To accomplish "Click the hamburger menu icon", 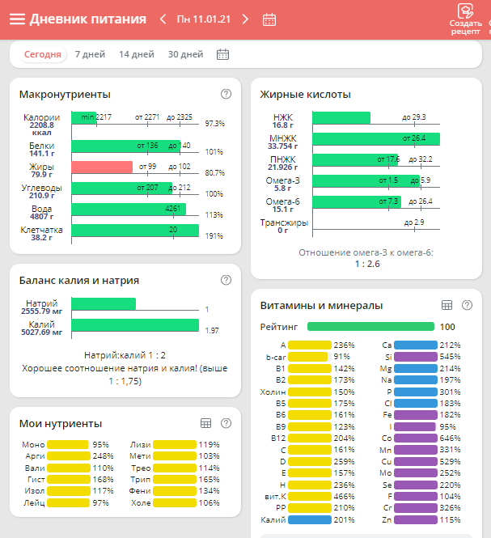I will click(x=17, y=19).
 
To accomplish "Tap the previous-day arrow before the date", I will click(x=163, y=19).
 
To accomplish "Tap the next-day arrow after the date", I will click(x=245, y=19).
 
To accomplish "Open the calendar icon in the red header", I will click(x=270, y=19).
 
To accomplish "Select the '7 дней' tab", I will click(x=90, y=54).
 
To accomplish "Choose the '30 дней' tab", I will click(x=185, y=54).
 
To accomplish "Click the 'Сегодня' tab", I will click(x=42, y=54).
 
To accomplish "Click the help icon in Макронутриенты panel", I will click(x=226, y=94).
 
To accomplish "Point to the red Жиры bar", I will click(x=102, y=167).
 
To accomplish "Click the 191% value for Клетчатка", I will click(x=214, y=235).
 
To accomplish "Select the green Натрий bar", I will click(x=104, y=304).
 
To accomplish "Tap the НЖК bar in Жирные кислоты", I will click(x=341, y=118).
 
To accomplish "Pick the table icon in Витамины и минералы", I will click(x=446, y=305).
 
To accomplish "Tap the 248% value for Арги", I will click(x=101, y=456).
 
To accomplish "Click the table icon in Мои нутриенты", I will click(x=205, y=422).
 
